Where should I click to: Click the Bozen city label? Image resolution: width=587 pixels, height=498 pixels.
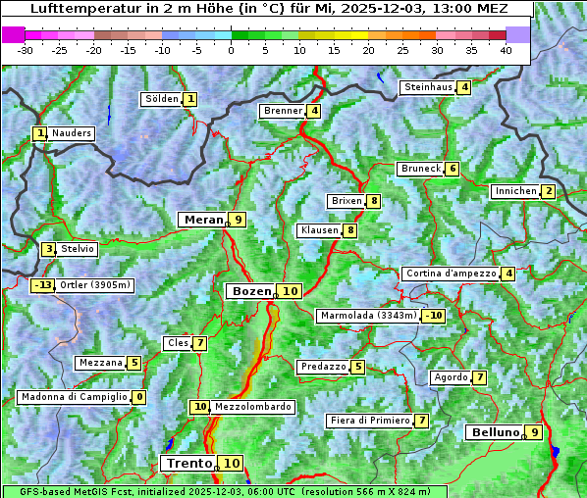251,291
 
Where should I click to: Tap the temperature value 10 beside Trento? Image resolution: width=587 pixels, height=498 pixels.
231,464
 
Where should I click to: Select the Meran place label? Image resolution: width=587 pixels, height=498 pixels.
203,220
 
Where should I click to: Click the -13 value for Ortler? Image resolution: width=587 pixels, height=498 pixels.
43,285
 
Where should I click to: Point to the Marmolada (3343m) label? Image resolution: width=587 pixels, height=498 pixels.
368,316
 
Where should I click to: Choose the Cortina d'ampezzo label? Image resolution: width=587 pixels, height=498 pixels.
451,274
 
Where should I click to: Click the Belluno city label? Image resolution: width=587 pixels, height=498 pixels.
493,432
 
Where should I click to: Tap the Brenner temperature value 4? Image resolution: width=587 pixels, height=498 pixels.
314,111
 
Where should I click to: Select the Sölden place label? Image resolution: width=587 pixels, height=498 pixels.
162,99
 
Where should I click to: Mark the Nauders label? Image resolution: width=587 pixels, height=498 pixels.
72,133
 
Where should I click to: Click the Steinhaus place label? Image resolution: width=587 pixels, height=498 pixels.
428,87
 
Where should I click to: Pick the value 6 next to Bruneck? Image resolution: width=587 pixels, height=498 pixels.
452,169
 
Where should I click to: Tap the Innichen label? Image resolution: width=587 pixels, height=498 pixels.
515,191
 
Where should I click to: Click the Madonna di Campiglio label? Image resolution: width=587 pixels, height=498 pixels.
74,397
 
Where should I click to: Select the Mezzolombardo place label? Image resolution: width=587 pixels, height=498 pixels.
251,407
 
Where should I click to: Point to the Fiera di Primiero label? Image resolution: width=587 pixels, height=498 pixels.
369,421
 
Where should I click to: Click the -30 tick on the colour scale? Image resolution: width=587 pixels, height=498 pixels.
26,50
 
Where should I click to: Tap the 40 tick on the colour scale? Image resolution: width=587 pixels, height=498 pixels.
506,50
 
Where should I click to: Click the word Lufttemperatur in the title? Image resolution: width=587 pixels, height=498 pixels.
75,9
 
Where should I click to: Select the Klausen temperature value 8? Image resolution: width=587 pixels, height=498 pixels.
350,230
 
